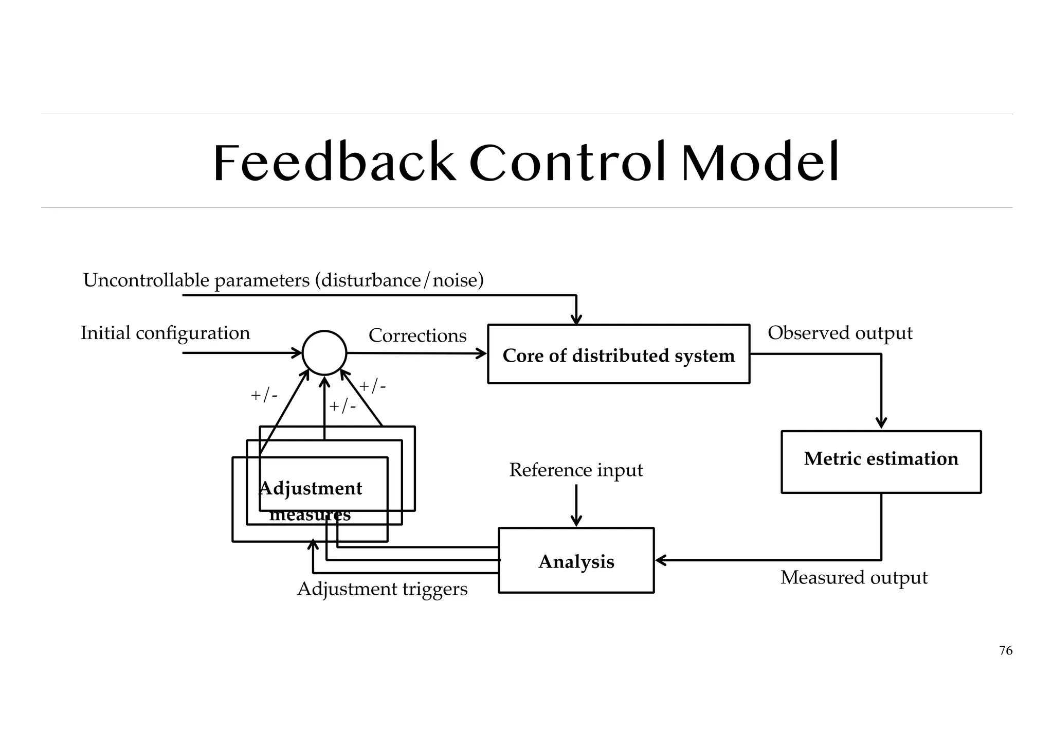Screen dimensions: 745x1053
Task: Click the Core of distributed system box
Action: (619, 354)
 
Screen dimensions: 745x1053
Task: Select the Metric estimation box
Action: (881, 462)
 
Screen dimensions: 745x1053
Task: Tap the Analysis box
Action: (576, 561)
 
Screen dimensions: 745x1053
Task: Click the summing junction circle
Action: (324, 353)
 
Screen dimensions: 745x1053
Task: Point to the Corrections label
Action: (417, 336)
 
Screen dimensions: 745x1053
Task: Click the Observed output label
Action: (840, 333)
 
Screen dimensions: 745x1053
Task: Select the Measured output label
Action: (854, 578)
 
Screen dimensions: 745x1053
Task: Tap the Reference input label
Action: (576, 470)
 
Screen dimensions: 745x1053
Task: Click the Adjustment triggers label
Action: (382, 589)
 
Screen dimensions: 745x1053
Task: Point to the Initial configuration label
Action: (165, 333)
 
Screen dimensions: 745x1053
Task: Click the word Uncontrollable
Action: (146, 281)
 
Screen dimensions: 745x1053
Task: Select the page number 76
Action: (1005, 651)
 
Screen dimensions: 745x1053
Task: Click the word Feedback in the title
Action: (334, 164)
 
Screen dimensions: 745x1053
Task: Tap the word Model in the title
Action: (760, 164)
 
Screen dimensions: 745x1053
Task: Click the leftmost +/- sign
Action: (264, 396)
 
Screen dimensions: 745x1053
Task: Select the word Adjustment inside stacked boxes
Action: (311, 488)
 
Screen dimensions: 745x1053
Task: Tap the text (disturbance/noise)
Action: (400, 281)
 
